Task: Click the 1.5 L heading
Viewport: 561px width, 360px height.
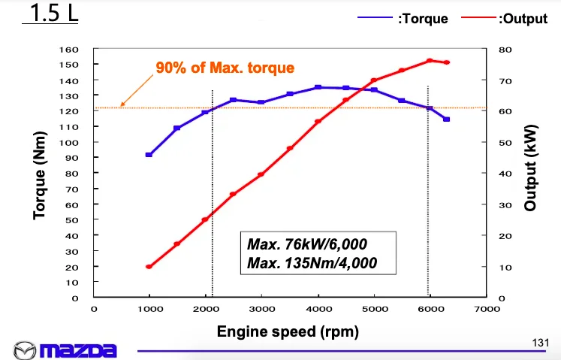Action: pos(50,14)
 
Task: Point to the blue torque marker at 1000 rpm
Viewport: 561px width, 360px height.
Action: pos(149,155)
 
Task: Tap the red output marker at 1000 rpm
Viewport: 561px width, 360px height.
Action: pos(149,267)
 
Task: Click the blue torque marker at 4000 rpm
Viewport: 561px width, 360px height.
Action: pos(318,87)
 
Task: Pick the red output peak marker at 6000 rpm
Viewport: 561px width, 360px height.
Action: pos(430,61)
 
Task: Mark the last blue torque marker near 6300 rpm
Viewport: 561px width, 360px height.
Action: pos(446,119)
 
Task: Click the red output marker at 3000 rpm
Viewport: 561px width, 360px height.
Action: pos(261,174)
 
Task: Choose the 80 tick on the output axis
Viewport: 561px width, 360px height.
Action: pos(505,49)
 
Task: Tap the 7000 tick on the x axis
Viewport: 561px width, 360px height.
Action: pos(486,308)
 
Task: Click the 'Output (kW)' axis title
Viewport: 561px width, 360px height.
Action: pos(532,175)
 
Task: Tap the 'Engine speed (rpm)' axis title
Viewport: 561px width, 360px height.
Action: pos(288,331)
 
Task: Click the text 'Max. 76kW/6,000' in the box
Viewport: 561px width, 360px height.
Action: pos(306,244)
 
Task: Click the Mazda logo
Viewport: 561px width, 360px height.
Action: pos(66,349)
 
